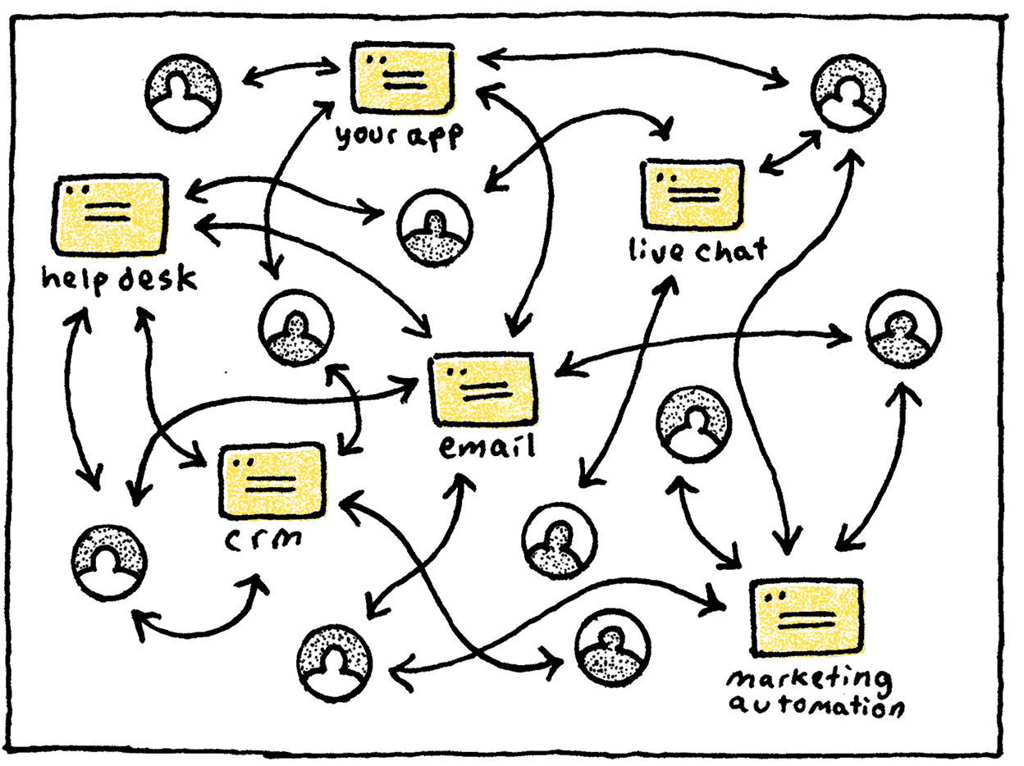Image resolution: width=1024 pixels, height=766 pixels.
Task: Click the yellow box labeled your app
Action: pos(402,79)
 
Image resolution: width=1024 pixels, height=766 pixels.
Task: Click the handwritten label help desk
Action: pos(119,280)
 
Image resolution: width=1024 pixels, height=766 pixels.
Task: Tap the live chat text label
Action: pos(697,248)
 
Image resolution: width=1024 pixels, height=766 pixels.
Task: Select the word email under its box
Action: pos(487,447)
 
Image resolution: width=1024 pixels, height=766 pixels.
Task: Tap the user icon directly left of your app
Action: pos(185,94)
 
